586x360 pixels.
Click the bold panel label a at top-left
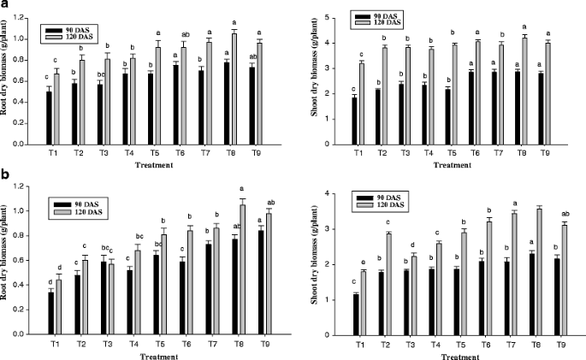tap(6, 6)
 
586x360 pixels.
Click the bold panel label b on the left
tap(7, 175)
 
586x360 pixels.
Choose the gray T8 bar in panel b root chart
tap(241, 268)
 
